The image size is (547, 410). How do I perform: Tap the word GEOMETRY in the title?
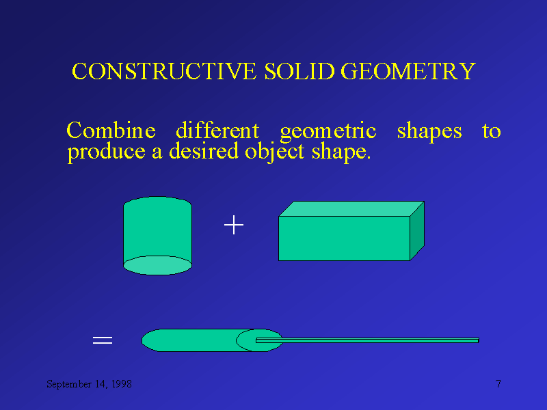408,72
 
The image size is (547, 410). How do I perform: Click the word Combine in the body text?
111,131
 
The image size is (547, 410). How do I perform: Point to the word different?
217,131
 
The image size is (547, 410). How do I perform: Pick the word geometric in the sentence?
328,131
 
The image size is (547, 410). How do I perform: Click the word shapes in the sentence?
429,131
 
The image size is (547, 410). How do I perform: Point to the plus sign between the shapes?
234,225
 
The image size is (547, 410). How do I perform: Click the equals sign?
103,340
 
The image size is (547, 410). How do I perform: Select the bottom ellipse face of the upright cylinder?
157,265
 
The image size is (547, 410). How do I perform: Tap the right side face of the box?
417,231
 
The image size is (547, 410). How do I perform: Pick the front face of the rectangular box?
344,238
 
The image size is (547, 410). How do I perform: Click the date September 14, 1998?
89,385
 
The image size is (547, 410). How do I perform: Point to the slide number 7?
498,384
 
